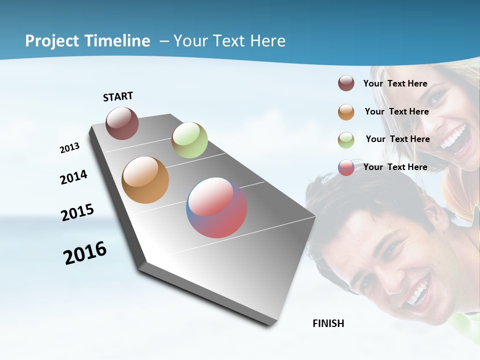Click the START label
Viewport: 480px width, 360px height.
(x=118, y=96)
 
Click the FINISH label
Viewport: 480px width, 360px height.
(x=328, y=323)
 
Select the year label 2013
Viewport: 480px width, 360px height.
(x=69, y=148)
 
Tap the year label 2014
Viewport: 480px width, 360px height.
(x=73, y=177)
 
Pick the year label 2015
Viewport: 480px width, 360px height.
(x=77, y=212)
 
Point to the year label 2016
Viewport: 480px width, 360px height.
(x=85, y=253)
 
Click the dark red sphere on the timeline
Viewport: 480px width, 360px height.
(x=122, y=123)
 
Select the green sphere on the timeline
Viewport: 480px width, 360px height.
(x=189, y=140)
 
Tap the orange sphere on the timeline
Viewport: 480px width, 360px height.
(x=145, y=180)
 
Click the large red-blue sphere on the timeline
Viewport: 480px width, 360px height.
(x=216, y=207)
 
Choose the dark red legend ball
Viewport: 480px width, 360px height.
(x=346, y=83)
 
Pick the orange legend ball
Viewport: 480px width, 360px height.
(x=346, y=112)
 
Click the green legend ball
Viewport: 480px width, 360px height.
(x=346, y=140)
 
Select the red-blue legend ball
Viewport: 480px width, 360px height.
(x=346, y=167)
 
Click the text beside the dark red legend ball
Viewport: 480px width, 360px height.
(x=395, y=84)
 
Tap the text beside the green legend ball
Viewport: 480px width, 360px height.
(x=397, y=139)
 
